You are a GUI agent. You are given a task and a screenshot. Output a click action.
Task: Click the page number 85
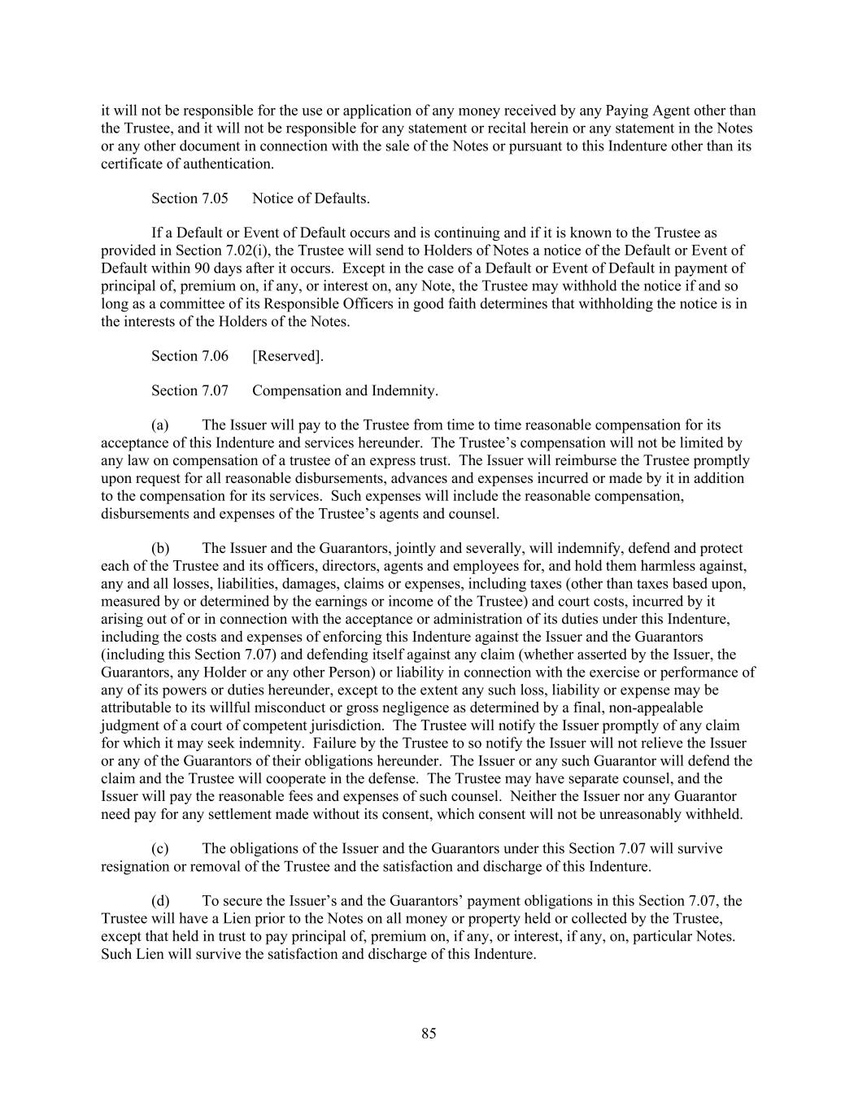pos(429,1034)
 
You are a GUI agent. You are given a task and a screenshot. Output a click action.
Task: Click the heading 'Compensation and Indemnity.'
pos(345,390)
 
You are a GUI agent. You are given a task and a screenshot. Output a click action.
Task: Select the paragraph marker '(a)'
pos(160,425)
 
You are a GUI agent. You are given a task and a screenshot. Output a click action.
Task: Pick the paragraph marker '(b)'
pos(160,548)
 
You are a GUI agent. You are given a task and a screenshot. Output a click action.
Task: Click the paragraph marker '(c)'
pos(160,848)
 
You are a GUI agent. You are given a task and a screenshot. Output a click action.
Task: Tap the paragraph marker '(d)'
pos(160,901)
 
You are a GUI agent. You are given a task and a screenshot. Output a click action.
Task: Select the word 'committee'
pos(169,303)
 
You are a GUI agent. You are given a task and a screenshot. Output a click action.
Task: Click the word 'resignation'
pos(135,866)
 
